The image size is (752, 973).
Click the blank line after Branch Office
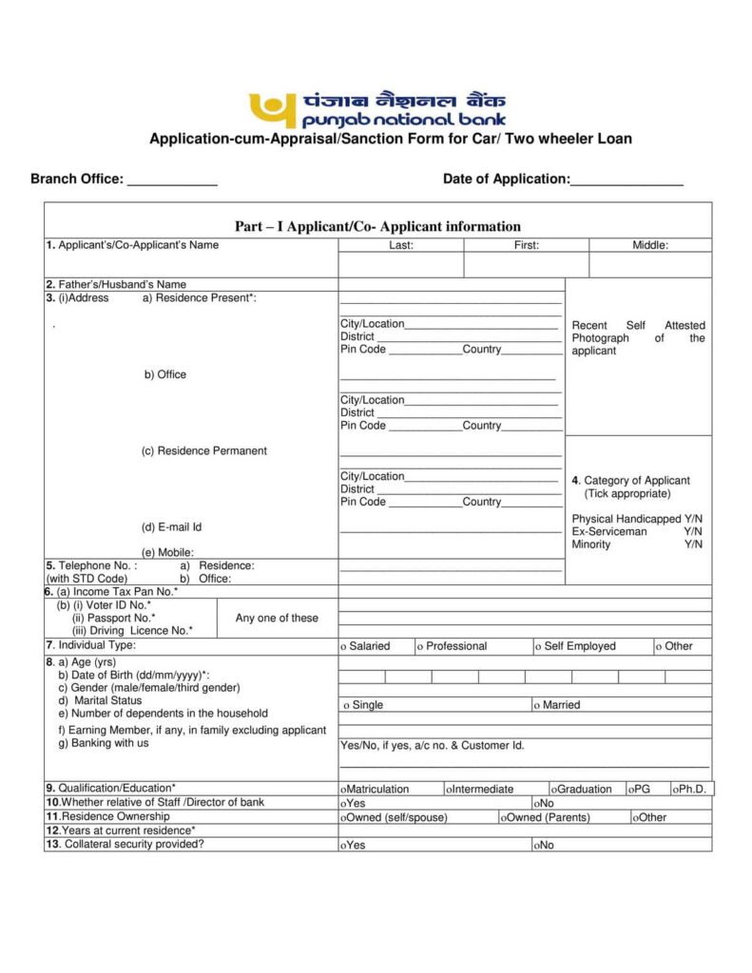click(172, 180)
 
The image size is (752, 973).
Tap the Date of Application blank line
click(627, 180)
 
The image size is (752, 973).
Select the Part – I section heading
click(377, 226)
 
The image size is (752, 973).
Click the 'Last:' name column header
click(400, 245)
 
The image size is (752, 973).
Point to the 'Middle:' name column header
click(650, 245)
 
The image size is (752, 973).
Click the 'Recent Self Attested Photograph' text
click(638, 338)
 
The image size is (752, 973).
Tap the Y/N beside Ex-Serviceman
click(693, 532)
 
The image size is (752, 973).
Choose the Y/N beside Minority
click(693, 544)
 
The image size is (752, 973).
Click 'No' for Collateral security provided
click(543, 845)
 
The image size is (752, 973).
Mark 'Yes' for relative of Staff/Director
click(353, 803)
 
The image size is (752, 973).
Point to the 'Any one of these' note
click(277, 618)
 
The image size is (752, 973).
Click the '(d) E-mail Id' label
click(172, 526)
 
